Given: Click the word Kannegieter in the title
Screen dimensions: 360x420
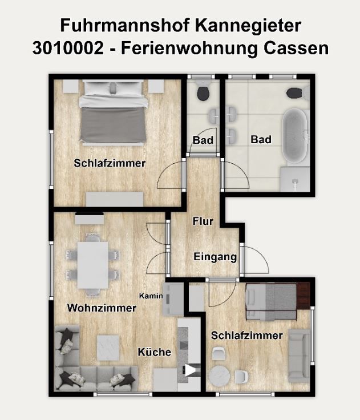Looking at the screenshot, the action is pyautogui.click(x=248, y=26).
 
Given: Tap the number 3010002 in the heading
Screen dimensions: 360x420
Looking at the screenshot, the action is pyautogui.click(x=68, y=49).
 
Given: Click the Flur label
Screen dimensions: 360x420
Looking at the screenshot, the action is pyautogui.click(x=203, y=221).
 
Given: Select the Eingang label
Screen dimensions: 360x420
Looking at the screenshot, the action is pyautogui.click(x=215, y=257).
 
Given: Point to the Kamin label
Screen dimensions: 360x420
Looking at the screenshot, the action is pyautogui.click(x=151, y=296).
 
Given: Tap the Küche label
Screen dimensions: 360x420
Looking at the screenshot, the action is pyautogui.click(x=155, y=352).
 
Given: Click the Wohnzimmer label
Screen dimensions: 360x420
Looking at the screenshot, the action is pyautogui.click(x=102, y=308).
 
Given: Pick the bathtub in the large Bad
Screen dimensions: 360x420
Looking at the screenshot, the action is pyautogui.click(x=295, y=136).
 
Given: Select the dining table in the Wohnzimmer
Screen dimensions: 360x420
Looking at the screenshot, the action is pyautogui.click(x=93, y=265).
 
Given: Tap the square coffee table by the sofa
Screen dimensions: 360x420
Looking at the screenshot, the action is pyautogui.click(x=108, y=348).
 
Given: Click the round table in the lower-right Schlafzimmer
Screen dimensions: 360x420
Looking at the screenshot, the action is pyautogui.click(x=220, y=376).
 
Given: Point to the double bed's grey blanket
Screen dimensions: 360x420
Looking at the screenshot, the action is pyautogui.click(x=113, y=125).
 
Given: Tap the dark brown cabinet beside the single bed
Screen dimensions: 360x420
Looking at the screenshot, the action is pyautogui.click(x=303, y=294).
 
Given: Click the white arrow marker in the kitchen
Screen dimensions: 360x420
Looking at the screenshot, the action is pyautogui.click(x=191, y=370).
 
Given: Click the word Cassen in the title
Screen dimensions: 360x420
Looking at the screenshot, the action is pyautogui.click(x=296, y=49).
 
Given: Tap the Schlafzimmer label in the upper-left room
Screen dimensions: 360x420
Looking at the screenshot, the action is pyautogui.click(x=110, y=163).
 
